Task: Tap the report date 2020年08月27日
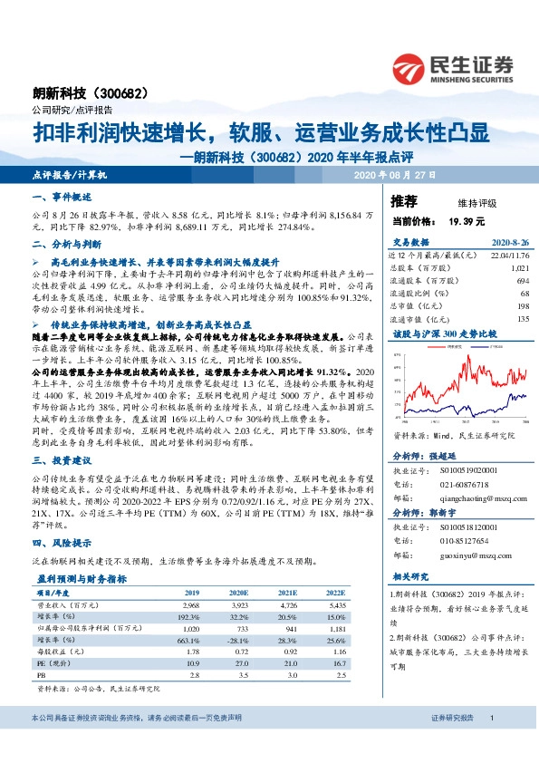click(x=394, y=174)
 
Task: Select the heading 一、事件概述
click(x=62, y=198)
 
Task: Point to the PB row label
click(x=42, y=676)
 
